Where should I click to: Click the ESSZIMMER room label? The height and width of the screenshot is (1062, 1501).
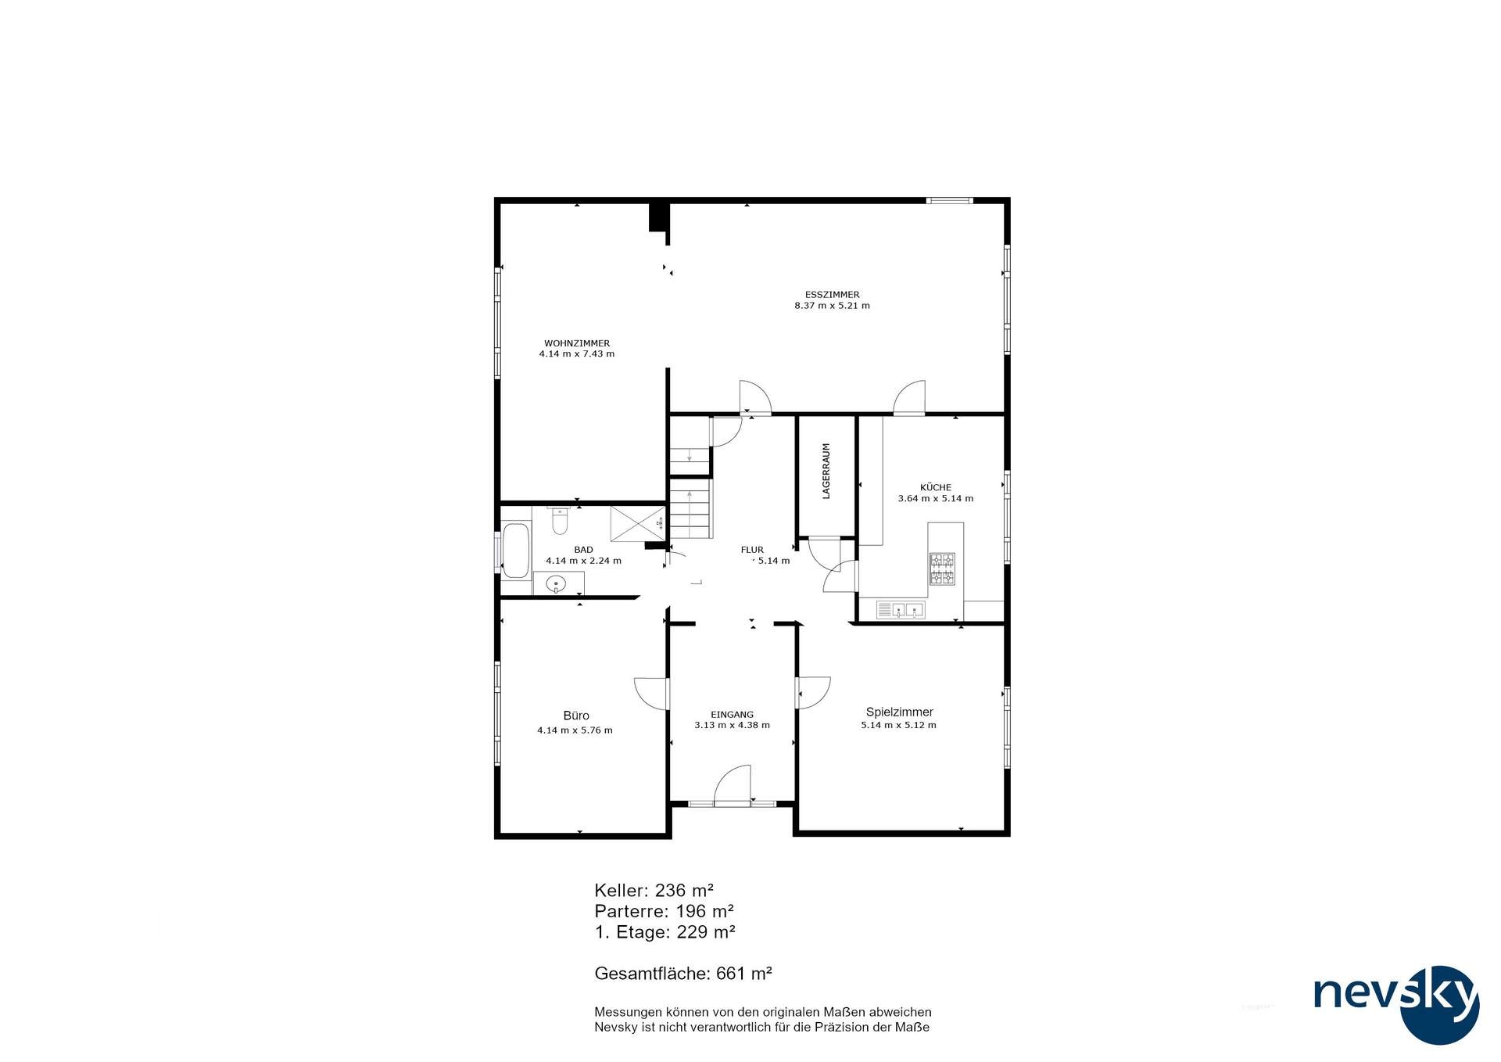[x=832, y=295]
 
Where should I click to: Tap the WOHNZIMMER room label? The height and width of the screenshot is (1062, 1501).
[x=577, y=343]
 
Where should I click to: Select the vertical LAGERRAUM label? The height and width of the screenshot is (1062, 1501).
[x=826, y=471]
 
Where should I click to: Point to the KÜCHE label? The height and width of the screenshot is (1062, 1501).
[x=936, y=487]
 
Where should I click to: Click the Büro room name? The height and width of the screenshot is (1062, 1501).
[x=576, y=716]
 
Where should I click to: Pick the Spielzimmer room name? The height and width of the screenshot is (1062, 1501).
[x=899, y=712]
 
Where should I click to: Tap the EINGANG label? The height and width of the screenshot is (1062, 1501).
[x=732, y=714]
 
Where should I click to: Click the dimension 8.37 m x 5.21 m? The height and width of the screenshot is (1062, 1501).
[x=832, y=306]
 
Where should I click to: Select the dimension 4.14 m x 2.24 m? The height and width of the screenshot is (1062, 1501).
[x=583, y=561]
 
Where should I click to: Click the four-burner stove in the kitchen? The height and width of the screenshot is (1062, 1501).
[x=941, y=569]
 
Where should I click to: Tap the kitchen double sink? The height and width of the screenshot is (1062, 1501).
[x=900, y=609]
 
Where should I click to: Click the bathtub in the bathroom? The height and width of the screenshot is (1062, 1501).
[x=515, y=551]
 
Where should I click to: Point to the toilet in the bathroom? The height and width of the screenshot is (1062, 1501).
[x=559, y=520]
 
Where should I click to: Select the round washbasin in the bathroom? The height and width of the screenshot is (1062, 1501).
[x=556, y=583]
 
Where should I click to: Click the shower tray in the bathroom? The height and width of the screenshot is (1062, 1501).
[x=637, y=523]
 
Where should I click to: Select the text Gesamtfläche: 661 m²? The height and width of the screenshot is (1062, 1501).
[x=683, y=974]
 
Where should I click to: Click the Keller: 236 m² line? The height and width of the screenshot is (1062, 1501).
[x=654, y=890]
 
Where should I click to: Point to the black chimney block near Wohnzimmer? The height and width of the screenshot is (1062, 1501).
[x=658, y=217]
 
